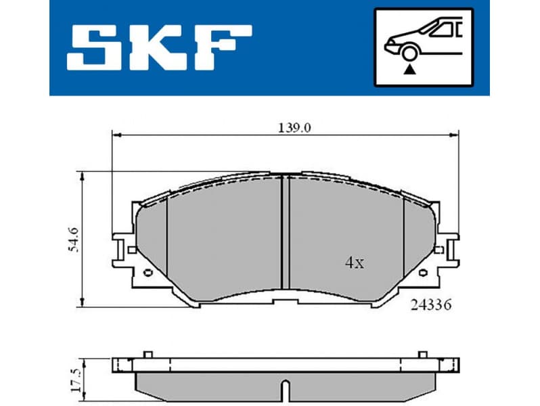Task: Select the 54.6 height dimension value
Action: [x=74, y=238]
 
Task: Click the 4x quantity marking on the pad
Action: [x=354, y=263]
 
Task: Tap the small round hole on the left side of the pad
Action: [x=148, y=273]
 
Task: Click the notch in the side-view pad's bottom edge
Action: [x=286, y=390]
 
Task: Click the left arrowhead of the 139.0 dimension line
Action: [x=116, y=135]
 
